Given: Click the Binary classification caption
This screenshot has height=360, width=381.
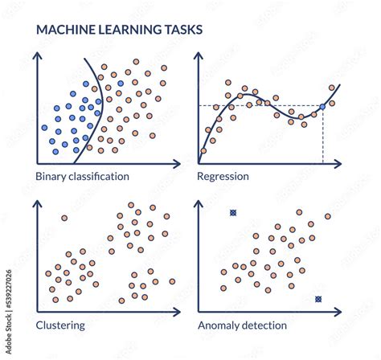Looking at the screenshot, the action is (82, 177).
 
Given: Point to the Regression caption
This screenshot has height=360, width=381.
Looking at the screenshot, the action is (223, 177).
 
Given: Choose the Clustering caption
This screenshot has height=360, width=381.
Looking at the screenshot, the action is (60, 325).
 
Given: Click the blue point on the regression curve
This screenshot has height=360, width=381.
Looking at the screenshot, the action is (322, 107).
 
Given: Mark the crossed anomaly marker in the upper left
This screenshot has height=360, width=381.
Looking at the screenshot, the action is (233, 213).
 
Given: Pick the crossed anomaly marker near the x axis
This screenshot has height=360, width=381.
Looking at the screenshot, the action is (318, 299).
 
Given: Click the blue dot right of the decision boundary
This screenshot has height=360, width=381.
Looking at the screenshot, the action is (121, 84).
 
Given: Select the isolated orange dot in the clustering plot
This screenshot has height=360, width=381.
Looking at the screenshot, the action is (64, 218).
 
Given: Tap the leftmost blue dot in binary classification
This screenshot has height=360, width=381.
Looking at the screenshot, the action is (44, 128).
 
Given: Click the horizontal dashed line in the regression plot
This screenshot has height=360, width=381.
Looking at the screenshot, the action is (260, 105).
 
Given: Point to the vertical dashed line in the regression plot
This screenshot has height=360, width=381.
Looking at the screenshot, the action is (323, 136).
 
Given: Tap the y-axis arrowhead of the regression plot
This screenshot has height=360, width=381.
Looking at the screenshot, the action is (199, 55).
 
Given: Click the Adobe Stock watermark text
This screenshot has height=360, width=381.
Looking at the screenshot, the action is (9, 312).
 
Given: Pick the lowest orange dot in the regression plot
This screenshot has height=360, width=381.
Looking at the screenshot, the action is (203, 151).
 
